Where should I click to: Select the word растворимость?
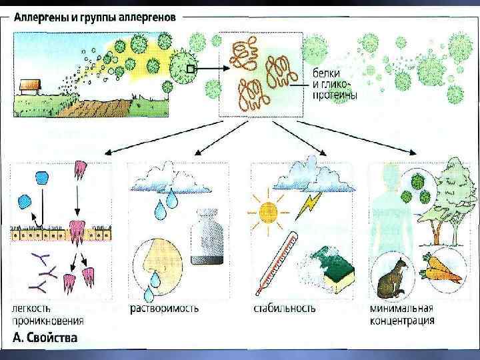(x=163, y=309)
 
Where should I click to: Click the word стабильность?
(x=285, y=309)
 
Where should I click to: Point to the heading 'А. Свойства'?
(x=45, y=337)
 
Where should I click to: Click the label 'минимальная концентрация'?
(x=401, y=315)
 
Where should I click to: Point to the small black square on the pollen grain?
(x=191, y=69)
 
